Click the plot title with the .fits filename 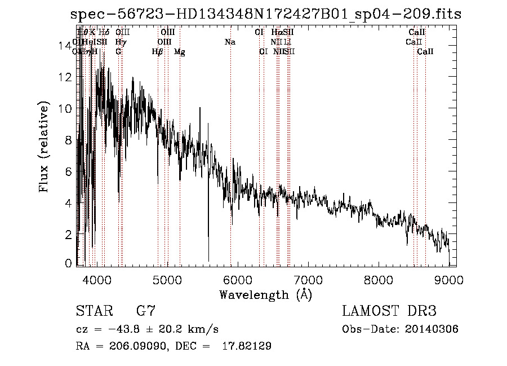(x=265, y=15)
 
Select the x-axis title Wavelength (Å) (x=265, y=294)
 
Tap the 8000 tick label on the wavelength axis (x=379, y=280)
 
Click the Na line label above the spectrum (x=230, y=42)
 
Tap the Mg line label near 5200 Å (x=180, y=52)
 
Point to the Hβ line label (x=158, y=52)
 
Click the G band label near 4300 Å (x=118, y=52)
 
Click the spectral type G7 (x=146, y=311)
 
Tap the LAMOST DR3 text (x=389, y=311)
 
